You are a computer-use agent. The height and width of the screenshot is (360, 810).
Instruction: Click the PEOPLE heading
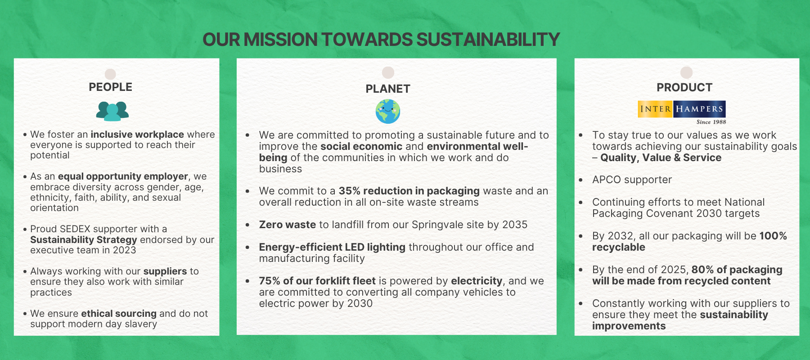click(x=110, y=87)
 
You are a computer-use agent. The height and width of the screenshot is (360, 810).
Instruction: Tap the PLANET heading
click(x=388, y=89)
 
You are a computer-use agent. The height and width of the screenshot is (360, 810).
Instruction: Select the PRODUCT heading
click(x=684, y=87)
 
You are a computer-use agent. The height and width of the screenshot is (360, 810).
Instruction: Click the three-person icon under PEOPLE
click(x=112, y=111)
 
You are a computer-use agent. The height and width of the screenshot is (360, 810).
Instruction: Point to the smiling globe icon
click(x=388, y=112)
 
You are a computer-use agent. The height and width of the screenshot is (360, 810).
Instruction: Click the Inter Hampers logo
click(x=682, y=109)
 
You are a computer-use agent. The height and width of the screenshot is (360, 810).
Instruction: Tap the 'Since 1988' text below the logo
click(x=711, y=122)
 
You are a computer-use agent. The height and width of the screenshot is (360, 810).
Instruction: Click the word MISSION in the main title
click(x=280, y=40)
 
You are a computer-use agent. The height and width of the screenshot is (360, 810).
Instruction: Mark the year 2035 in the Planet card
click(x=515, y=225)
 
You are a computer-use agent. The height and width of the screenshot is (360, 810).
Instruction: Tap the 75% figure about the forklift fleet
click(x=270, y=281)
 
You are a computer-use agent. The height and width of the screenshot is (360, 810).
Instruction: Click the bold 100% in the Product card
click(x=773, y=236)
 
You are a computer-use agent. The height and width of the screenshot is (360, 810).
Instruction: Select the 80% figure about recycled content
click(x=702, y=270)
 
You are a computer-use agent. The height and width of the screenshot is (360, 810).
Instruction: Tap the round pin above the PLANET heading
click(x=388, y=72)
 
